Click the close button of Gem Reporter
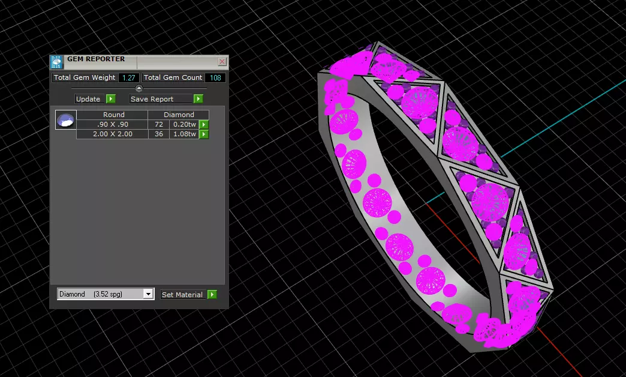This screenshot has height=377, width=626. tap(222, 61)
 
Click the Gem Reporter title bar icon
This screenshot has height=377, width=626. tap(56, 62)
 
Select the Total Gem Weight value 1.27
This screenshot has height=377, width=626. tap(129, 77)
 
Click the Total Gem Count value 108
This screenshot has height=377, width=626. tap(215, 77)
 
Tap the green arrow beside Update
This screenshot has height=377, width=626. tap(110, 99)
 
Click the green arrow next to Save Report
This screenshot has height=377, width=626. tap(198, 99)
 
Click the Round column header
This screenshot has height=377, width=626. tap(113, 115)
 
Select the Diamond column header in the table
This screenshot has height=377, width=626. tap(179, 115)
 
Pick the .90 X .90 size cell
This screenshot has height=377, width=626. tap(113, 124)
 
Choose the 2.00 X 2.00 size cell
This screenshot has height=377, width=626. tap(113, 134)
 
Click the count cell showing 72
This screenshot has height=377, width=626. tap(159, 124)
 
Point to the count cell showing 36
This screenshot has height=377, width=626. tap(159, 134)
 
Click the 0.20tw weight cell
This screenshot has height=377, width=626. tap(184, 124)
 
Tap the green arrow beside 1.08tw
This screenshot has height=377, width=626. tap(204, 134)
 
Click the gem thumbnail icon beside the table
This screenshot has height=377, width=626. tap(65, 120)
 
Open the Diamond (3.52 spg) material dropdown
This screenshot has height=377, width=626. tap(148, 294)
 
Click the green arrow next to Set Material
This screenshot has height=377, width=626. tap(212, 295)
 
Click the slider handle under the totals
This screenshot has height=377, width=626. tap(139, 88)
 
